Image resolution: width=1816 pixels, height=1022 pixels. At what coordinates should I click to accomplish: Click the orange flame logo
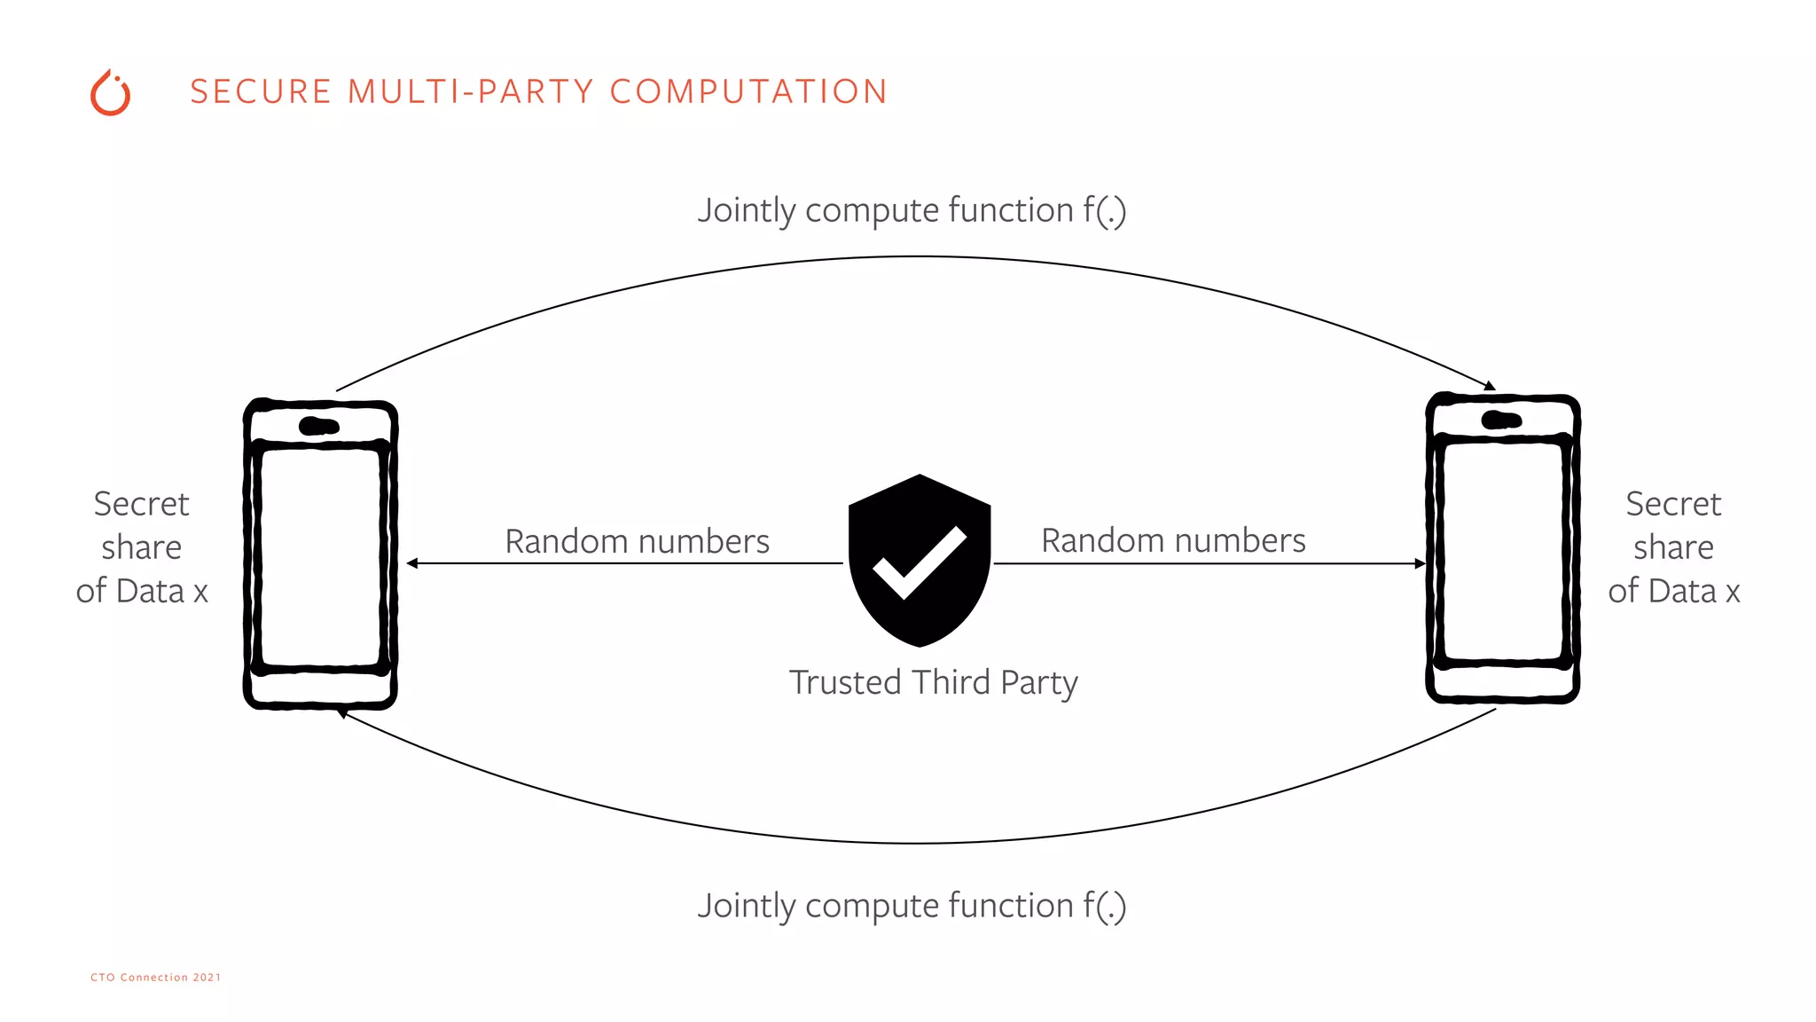pyautogui.click(x=110, y=93)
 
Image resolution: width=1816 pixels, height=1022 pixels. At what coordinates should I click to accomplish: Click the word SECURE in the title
pyautogui.click(x=261, y=92)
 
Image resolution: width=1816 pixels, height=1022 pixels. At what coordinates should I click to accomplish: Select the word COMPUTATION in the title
pyautogui.click(x=748, y=92)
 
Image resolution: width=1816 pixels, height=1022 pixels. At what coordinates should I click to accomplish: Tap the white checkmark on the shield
pyautogui.click(x=919, y=563)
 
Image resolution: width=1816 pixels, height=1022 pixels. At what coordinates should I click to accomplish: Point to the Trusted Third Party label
pyautogui.click(x=933, y=682)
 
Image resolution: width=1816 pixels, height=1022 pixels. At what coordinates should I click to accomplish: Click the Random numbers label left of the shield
pyautogui.click(x=637, y=541)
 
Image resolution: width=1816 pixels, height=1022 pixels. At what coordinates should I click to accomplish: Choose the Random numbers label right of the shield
pyautogui.click(x=1172, y=540)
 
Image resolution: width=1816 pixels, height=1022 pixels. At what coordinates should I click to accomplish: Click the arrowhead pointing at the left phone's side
pyautogui.click(x=412, y=563)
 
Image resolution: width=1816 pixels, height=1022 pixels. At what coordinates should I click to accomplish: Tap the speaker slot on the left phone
pyautogui.click(x=319, y=426)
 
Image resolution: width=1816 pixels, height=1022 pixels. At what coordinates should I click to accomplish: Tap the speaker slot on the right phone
pyautogui.click(x=1501, y=420)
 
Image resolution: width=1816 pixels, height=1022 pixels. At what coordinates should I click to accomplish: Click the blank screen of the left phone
pyautogui.click(x=321, y=557)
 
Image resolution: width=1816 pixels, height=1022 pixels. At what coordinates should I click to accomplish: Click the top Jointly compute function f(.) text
pyautogui.click(x=912, y=211)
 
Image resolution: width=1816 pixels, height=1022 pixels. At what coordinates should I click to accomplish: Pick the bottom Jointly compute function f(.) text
pyautogui.click(x=912, y=907)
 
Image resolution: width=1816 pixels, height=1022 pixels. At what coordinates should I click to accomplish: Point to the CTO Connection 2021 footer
pyautogui.click(x=155, y=978)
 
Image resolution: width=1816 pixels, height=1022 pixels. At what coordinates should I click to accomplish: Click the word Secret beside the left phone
pyautogui.click(x=141, y=504)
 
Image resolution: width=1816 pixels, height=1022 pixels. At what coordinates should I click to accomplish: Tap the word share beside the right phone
pyautogui.click(x=1673, y=547)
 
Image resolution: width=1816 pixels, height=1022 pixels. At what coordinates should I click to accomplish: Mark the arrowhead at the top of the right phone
pyautogui.click(x=1491, y=386)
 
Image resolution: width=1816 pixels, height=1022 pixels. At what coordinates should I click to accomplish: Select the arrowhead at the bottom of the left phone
pyautogui.click(x=342, y=713)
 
